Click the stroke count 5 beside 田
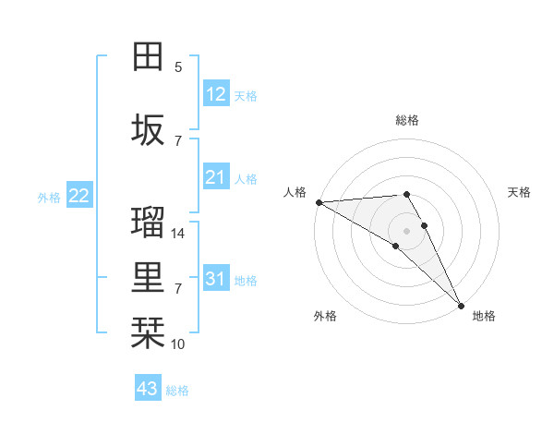(x=178, y=66)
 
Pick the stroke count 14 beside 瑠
(x=178, y=234)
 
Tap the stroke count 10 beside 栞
(x=178, y=344)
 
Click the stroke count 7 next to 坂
(x=178, y=140)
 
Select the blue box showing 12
(x=215, y=93)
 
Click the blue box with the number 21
(x=215, y=176)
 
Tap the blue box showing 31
(x=215, y=278)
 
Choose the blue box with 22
(x=79, y=195)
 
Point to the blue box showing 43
(x=148, y=389)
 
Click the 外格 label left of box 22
(x=49, y=197)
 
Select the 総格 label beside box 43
(x=177, y=391)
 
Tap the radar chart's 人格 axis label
(x=295, y=192)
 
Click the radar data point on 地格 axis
(x=460, y=304)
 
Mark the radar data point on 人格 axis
(x=319, y=202)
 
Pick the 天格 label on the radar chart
(x=519, y=192)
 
